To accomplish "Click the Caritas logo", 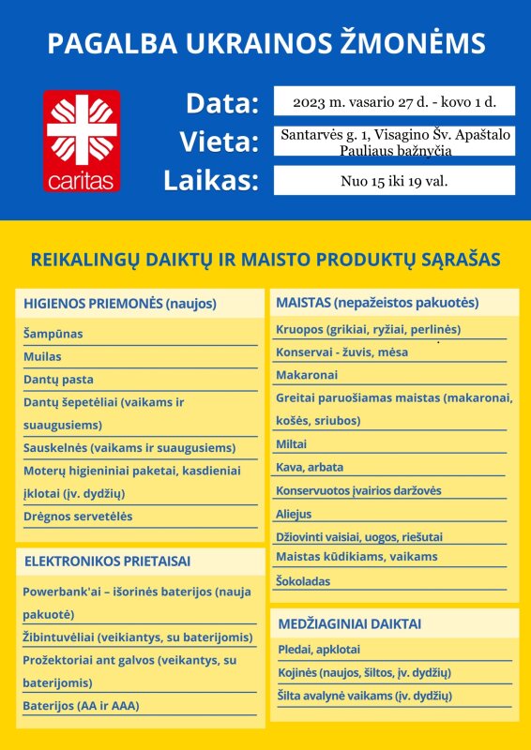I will pyautogui.click(x=82, y=141).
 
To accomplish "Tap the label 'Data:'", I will pyautogui.click(x=221, y=103).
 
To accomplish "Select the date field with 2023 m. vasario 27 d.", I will pyautogui.click(x=394, y=100).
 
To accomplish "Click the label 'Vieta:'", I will pyautogui.click(x=219, y=142).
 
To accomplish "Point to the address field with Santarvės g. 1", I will pyautogui.click(x=394, y=142).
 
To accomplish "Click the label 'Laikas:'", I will pyautogui.click(x=211, y=181).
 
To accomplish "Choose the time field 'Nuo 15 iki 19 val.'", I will pyautogui.click(x=394, y=180).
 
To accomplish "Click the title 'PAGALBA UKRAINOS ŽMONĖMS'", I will pyautogui.click(x=265, y=44).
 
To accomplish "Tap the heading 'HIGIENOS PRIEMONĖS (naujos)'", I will pyautogui.click(x=120, y=304).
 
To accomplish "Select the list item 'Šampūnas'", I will pyautogui.click(x=53, y=334).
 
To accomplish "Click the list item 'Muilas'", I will pyautogui.click(x=42, y=356).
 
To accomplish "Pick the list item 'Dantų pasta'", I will pyautogui.click(x=58, y=380).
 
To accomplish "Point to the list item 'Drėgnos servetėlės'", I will pyautogui.click(x=78, y=517).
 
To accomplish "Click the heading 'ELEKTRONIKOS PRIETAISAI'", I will pyautogui.click(x=107, y=562).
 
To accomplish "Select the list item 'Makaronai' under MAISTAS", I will pyautogui.click(x=307, y=375).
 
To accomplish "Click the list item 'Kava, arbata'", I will pyautogui.click(x=310, y=467).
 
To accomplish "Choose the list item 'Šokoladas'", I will pyautogui.click(x=303, y=581).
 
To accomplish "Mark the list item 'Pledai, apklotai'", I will pyautogui.click(x=319, y=650).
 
